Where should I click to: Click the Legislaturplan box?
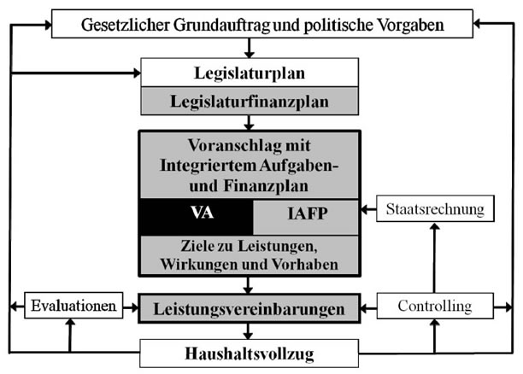(250, 73)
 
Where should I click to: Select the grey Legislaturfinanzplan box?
(250, 101)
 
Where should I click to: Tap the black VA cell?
(197, 217)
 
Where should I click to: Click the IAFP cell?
(306, 217)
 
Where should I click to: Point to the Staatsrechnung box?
(435, 208)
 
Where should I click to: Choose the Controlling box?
(435, 306)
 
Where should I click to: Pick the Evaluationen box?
(73, 306)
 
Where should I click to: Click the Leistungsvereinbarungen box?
(250, 308)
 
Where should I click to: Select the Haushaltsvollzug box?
(250, 354)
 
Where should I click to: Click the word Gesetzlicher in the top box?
(126, 25)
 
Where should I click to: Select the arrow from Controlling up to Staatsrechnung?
(435, 258)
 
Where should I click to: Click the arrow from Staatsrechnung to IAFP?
(369, 209)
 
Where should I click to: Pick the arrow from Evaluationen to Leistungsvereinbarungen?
(131, 307)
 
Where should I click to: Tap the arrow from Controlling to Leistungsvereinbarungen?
(369, 308)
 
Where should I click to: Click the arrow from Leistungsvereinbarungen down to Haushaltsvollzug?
(248, 331)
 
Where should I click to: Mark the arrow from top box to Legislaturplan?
(250, 48)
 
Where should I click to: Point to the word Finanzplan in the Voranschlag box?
(266, 185)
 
